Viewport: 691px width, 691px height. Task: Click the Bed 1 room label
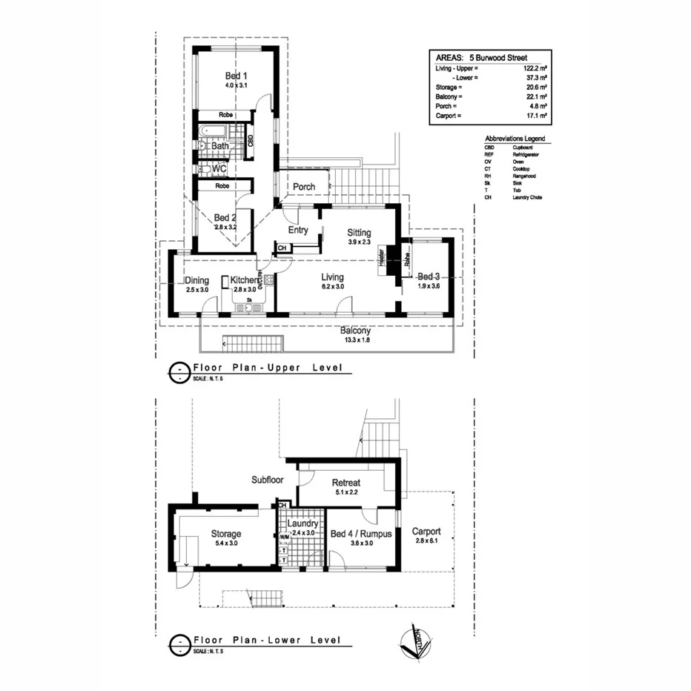tap(236, 76)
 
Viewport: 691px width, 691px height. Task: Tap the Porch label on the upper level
tap(304, 187)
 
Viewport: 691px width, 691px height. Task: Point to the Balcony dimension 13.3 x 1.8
tap(355, 340)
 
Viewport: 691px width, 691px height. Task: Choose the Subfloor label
tap(268, 480)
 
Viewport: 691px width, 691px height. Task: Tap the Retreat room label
tap(346, 483)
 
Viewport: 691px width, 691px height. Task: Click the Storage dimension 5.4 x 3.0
tap(225, 543)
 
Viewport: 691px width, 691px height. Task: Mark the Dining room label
tap(196, 280)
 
